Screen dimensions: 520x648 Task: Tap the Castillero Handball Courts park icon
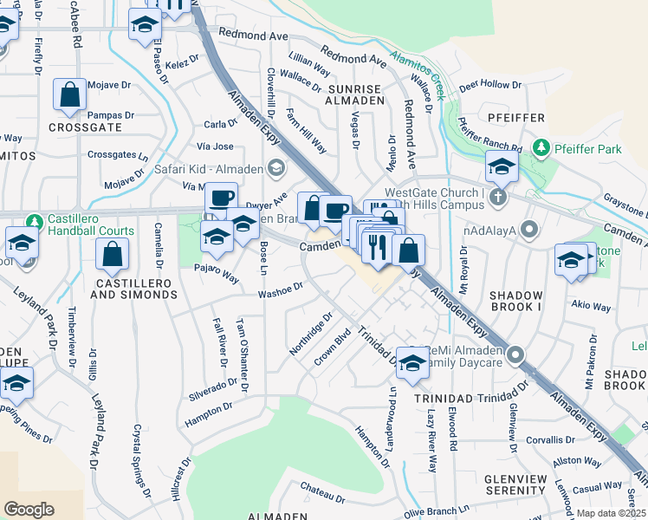coord(34,222)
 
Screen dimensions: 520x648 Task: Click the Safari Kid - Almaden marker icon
coord(276,168)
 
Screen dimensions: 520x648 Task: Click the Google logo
coord(29,509)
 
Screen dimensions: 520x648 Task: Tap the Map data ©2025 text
coord(610,513)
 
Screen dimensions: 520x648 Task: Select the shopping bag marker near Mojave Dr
coord(68,96)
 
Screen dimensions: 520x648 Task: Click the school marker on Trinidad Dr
coord(412,364)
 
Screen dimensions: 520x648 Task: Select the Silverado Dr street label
coord(212,388)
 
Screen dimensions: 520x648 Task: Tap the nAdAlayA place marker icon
coord(530,231)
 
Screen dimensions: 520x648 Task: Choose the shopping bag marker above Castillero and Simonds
coord(112,254)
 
